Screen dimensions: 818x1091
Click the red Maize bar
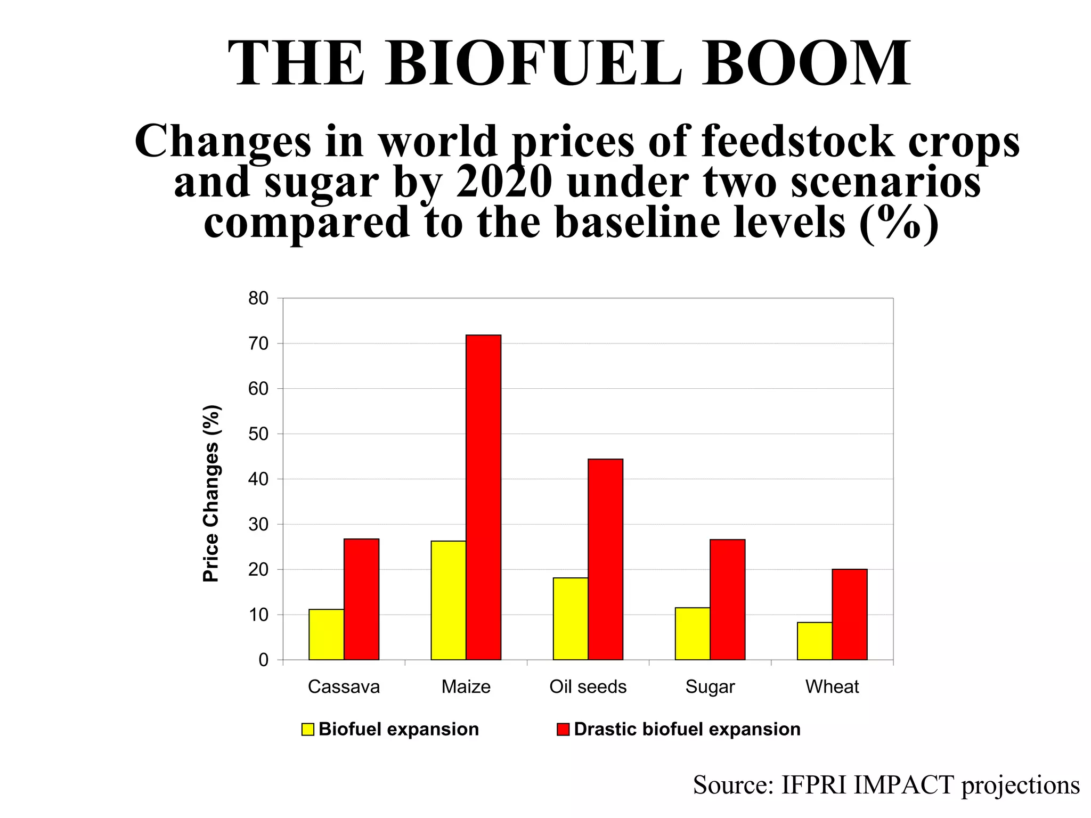coord(483,497)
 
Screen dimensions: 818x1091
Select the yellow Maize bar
coord(448,600)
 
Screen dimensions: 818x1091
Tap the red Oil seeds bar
coord(605,559)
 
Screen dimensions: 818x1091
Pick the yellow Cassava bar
coord(326,634)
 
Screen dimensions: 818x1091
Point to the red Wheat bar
coord(849,615)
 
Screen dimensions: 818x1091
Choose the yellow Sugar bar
coord(692,633)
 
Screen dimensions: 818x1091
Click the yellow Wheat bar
coord(815,641)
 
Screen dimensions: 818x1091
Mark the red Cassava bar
coord(361,599)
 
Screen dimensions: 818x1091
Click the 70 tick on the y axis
coord(259,343)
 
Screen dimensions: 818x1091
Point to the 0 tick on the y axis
coord(264,660)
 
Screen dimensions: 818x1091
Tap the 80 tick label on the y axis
coord(259,299)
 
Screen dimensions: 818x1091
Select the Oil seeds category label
coord(588,687)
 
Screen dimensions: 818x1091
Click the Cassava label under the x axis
coord(344,687)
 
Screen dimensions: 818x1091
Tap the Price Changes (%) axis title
coord(211,493)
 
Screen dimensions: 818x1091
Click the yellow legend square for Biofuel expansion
coord(307,729)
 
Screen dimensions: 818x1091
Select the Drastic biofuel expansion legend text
coord(687,729)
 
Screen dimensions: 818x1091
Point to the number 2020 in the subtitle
coord(503,183)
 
